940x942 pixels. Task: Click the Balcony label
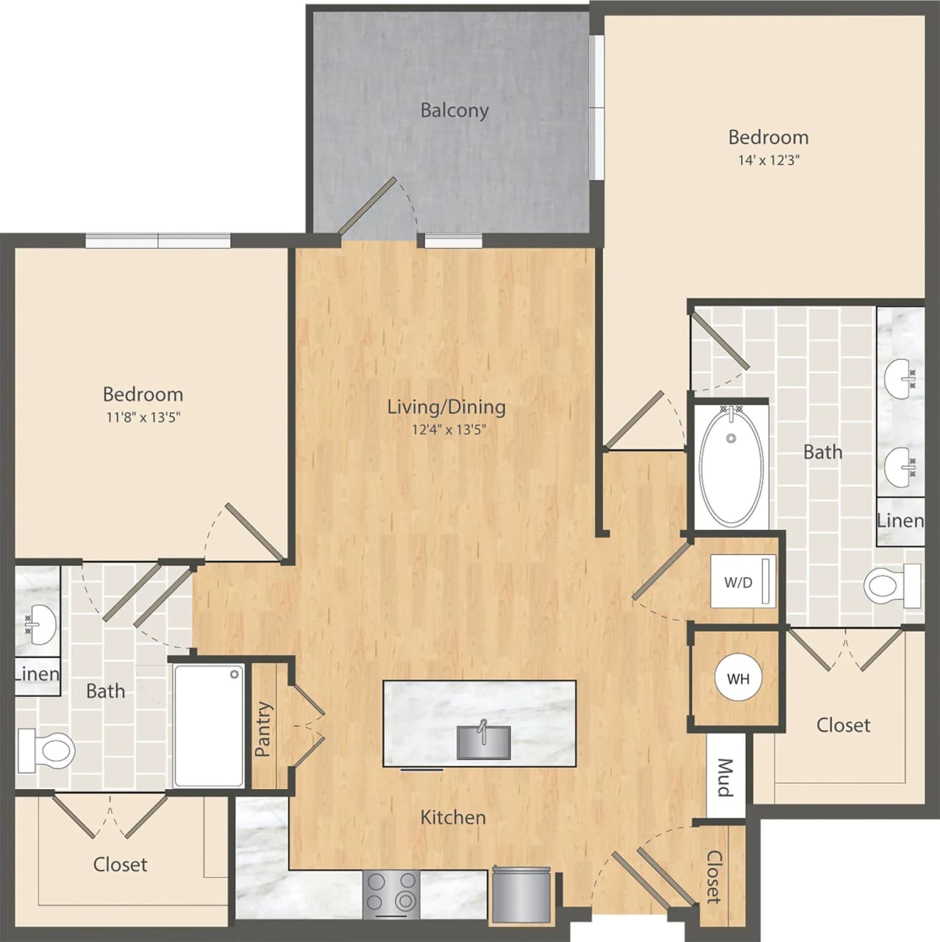point(454,110)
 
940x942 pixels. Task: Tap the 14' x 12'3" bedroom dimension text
point(769,160)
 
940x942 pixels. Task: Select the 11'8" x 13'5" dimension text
point(143,417)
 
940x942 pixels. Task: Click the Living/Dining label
point(446,406)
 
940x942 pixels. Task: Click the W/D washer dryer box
point(744,582)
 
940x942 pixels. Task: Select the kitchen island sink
point(484,741)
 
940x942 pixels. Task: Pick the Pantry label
point(263,729)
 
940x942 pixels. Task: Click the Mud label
point(724,778)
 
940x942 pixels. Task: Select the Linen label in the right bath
point(900,520)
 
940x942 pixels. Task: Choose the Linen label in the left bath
point(37,673)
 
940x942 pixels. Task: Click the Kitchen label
point(453,817)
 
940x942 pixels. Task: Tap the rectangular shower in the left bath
point(209,726)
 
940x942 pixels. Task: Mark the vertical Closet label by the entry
point(713,877)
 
